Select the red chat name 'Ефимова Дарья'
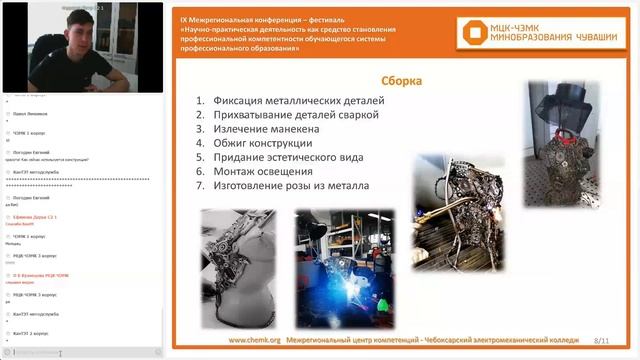coord(36,217)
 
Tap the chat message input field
coord(75,352)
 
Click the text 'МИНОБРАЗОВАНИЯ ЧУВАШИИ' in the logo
coord(546,41)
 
